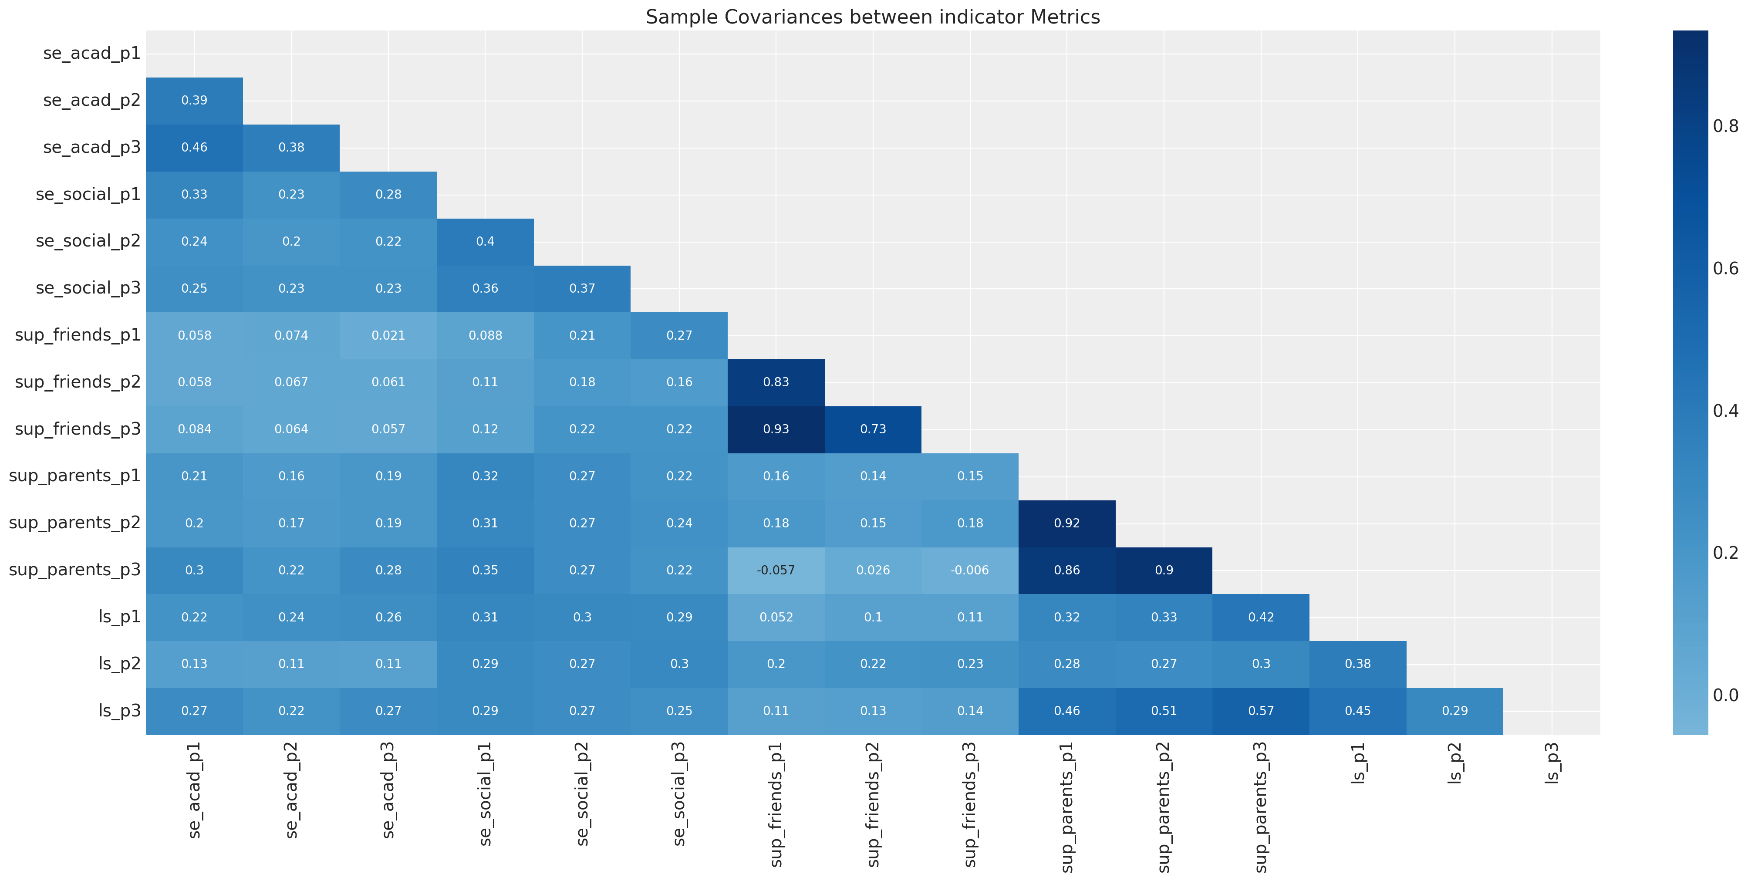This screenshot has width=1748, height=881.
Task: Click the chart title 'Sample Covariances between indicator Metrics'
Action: click(x=873, y=17)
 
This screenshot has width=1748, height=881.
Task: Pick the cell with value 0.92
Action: click(x=1067, y=523)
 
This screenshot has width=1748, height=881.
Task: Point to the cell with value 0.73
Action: click(x=873, y=429)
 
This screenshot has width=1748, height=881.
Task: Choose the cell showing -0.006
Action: click(x=970, y=570)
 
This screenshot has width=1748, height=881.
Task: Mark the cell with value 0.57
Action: click(x=1261, y=711)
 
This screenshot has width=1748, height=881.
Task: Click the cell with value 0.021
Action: click(x=388, y=335)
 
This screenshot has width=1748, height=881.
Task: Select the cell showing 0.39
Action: click(x=194, y=101)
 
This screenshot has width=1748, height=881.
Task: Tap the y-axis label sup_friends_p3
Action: click(x=78, y=429)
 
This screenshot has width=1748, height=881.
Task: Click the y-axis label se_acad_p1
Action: click(x=91, y=54)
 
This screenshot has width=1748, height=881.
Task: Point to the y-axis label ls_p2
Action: click(x=119, y=664)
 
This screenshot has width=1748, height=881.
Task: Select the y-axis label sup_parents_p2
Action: click(x=74, y=523)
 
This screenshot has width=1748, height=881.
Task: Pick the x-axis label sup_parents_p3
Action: click(x=1261, y=807)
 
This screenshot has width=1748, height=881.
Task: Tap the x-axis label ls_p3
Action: click(x=1552, y=763)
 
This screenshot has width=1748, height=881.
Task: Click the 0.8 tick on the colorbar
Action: click(x=1724, y=126)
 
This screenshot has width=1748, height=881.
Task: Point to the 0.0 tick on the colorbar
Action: click(x=1724, y=695)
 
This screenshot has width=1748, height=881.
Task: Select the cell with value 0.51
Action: click(x=1164, y=711)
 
